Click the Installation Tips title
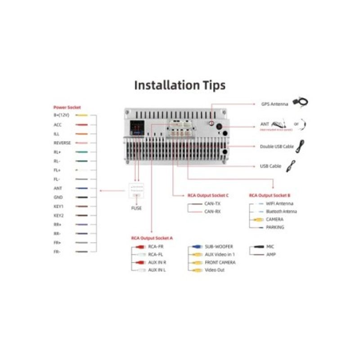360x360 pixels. pos(180,85)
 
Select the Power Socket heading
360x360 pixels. pos(67,108)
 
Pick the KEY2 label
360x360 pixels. pos(58,216)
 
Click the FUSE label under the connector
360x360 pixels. pos(136,208)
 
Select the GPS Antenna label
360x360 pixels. pos(274,104)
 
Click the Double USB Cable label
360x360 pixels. pos(277,147)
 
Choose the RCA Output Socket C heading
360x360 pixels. pos(208,196)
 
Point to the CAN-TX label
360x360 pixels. pos(212,203)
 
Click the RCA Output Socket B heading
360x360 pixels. pos(270,196)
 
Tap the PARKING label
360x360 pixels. pos(275,228)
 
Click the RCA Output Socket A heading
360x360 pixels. pos(152,238)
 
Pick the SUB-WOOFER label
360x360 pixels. pos(219,247)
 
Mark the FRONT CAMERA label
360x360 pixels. pos(220,262)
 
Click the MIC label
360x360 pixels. pos(270,247)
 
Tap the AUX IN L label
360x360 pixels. pos(157,270)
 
